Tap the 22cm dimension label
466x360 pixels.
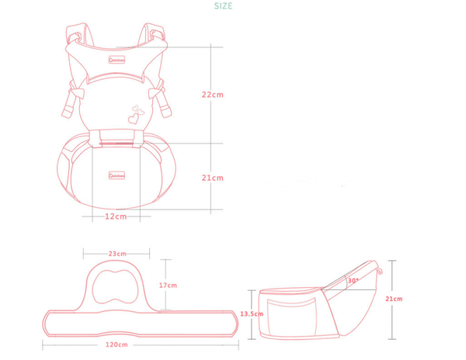[213, 95]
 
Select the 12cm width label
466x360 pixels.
[116, 216]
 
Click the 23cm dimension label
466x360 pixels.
[117, 253]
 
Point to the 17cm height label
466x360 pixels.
[168, 286]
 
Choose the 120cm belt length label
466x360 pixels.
[116, 344]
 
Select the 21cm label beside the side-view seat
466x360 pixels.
[394, 299]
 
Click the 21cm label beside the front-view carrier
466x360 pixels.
[213, 178]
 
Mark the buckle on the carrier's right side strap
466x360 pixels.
[161, 97]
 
